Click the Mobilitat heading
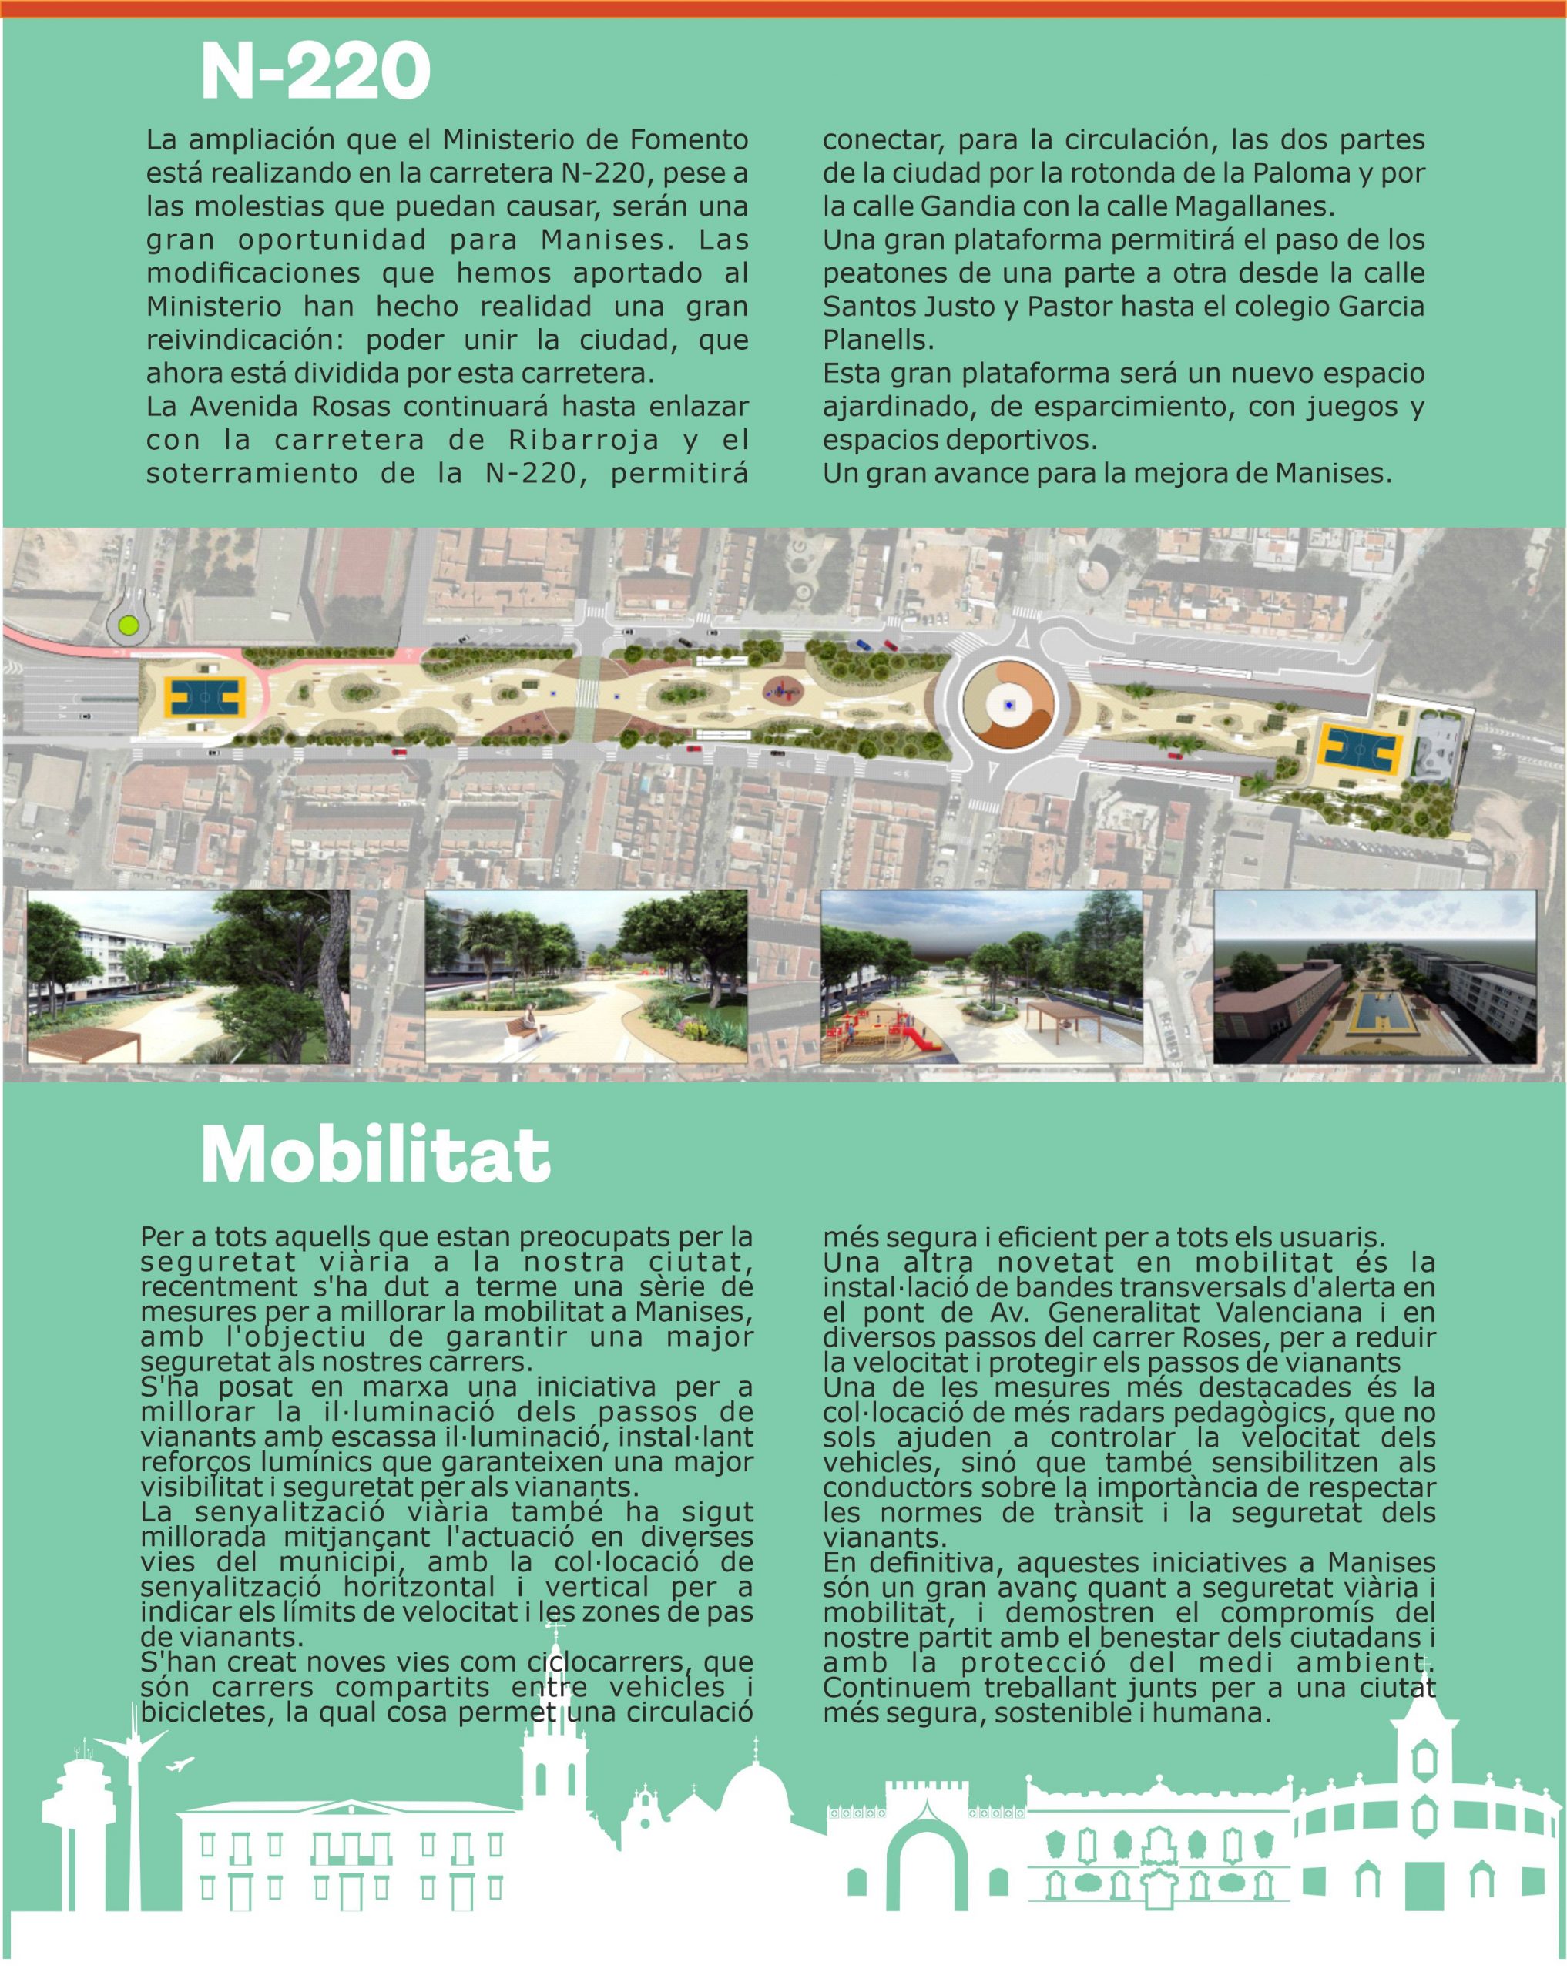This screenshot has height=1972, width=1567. click(x=375, y=1155)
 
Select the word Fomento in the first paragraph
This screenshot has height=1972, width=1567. click(x=689, y=140)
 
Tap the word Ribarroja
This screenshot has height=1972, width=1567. click(x=584, y=440)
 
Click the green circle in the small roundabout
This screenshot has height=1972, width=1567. click(x=128, y=625)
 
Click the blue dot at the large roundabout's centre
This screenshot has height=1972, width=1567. click(x=1008, y=705)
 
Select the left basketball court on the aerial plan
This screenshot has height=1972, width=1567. click(x=203, y=698)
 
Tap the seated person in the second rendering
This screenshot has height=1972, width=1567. click(x=531, y=1019)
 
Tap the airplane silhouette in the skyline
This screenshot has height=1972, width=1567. click(x=180, y=1764)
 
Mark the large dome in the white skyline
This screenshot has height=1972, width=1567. click(x=756, y=1795)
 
